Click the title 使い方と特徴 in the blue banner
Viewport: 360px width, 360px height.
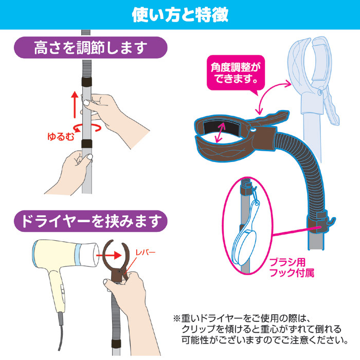click(x=180, y=15)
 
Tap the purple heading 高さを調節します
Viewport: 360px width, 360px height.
click(x=91, y=47)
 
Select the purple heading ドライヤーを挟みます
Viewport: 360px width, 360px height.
click(x=91, y=221)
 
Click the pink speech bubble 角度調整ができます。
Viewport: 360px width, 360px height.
click(x=236, y=73)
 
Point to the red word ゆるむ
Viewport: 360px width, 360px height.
click(x=61, y=136)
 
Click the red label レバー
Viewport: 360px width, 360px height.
click(x=146, y=253)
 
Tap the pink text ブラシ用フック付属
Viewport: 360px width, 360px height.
click(x=292, y=267)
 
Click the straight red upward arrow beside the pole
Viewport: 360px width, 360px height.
click(x=75, y=104)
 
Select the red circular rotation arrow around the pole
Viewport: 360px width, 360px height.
click(x=87, y=128)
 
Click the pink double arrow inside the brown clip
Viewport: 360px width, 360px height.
click(x=220, y=133)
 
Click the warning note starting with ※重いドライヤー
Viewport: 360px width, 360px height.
click(x=261, y=329)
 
